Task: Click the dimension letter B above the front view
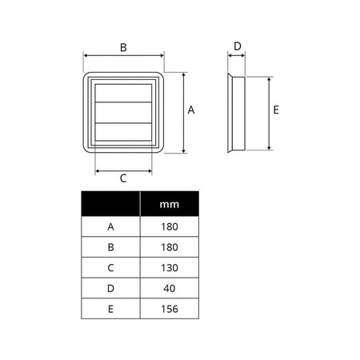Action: tap(123, 47)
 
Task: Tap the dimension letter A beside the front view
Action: tap(191, 110)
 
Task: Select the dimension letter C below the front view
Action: tap(123, 178)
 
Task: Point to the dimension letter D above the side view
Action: tap(238, 46)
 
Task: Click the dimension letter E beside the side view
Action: tap(276, 110)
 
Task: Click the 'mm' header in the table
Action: tap(170, 205)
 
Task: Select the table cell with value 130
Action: tap(170, 268)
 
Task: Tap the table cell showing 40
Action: tap(170, 288)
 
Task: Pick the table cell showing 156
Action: tap(170, 309)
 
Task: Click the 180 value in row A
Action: tap(170, 226)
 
